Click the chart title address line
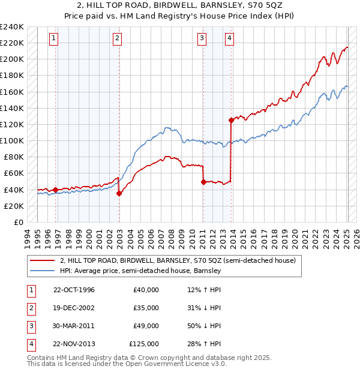click(179, 5)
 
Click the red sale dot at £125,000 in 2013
click(231, 120)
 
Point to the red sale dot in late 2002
click(119, 193)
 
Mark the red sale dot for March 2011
click(203, 182)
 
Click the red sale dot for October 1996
click(56, 190)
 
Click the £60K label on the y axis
click(14, 173)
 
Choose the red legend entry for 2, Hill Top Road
click(178, 261)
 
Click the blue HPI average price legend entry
click(140, 271)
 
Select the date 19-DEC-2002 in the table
click(74, 308)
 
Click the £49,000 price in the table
click(146, 326)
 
